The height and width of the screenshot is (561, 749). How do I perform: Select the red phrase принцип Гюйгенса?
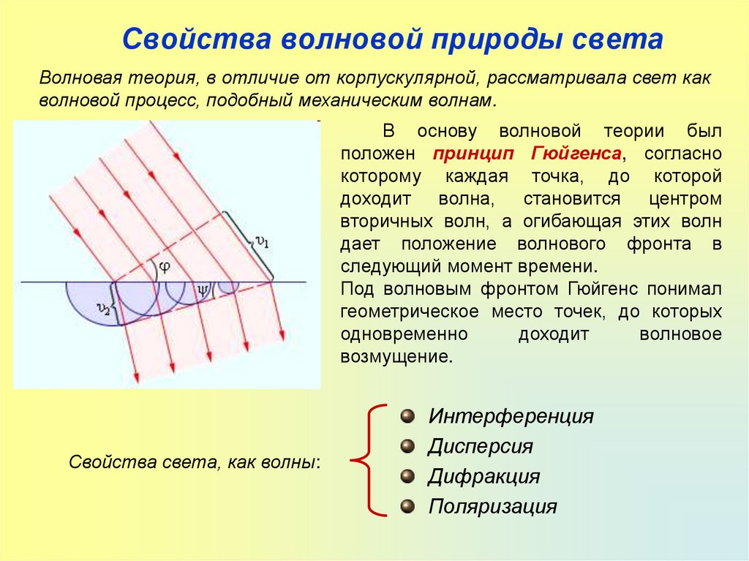coord(527,154)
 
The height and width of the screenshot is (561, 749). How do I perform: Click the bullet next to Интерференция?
coord(407,417)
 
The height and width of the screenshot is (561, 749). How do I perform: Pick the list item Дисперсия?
coord(481,446)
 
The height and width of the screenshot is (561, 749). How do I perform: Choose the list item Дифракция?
coord(484,477)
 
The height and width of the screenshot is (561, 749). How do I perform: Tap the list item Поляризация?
coord(493,506)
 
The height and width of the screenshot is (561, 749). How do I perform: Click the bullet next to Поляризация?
coord(407,506)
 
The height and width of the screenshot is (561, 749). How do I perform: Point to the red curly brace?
coord(368,461)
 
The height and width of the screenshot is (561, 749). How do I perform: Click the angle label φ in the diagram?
coord(165,266)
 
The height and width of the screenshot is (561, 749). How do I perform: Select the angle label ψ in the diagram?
coord(203,290)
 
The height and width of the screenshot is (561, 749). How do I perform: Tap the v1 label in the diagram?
coord(262,242)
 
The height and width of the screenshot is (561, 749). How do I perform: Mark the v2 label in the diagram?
coord(106,309)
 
